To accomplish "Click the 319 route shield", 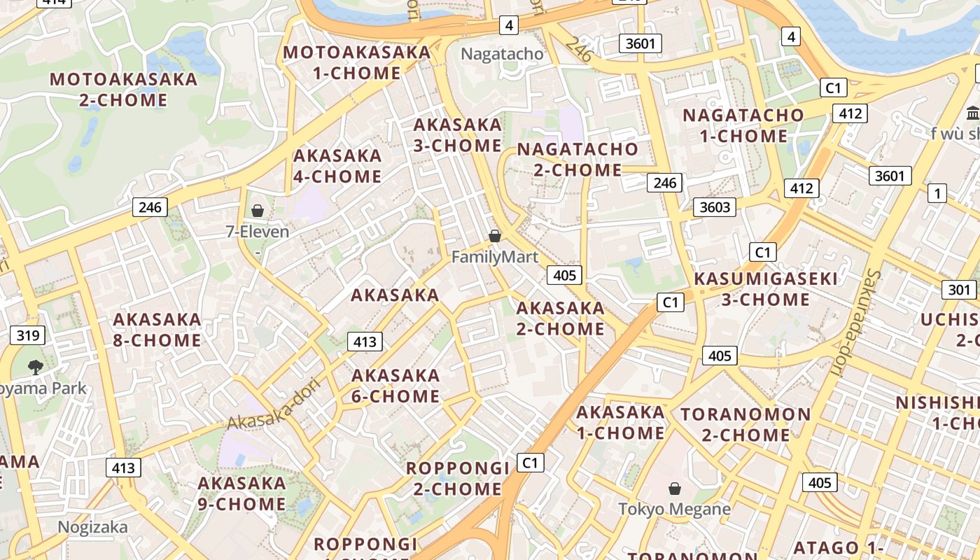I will [28, 335].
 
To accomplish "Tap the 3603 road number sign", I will [715, 206].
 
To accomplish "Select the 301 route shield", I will [959, 289].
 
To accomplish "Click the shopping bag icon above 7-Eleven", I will [258, 210].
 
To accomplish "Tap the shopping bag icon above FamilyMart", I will [495, 236].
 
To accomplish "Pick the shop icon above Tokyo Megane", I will [675, 488].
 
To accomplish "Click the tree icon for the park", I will [35, 366].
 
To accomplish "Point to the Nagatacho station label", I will [502, 54].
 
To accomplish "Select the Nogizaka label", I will [92, 527].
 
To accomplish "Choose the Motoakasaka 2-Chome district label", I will [123, 89].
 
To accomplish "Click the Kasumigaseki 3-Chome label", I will [766, 289].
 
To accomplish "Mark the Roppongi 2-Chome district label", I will [458, 478].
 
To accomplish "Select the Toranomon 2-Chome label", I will [745, 424].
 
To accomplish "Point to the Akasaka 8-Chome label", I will [157, 330].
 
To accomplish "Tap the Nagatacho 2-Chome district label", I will [577, 159].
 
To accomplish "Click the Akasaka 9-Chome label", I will [241, 493].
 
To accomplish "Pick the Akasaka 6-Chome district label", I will [395, 386].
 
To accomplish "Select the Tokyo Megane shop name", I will [675, 509].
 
